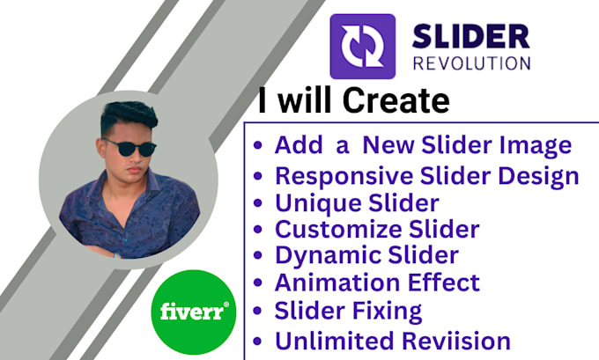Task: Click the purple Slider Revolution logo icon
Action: point(363,47)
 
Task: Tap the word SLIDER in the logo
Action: point(470,37)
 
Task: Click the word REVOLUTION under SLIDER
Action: point(472,63)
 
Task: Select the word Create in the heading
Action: point(396,100)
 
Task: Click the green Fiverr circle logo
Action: point(193,312)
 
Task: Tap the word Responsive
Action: point(344,176)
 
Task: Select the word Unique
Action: point(318,204)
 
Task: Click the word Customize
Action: point(338,229)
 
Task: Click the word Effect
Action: point(443,283)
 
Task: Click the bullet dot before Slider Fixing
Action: point(258,311)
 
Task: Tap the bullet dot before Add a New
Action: point(258,145)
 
